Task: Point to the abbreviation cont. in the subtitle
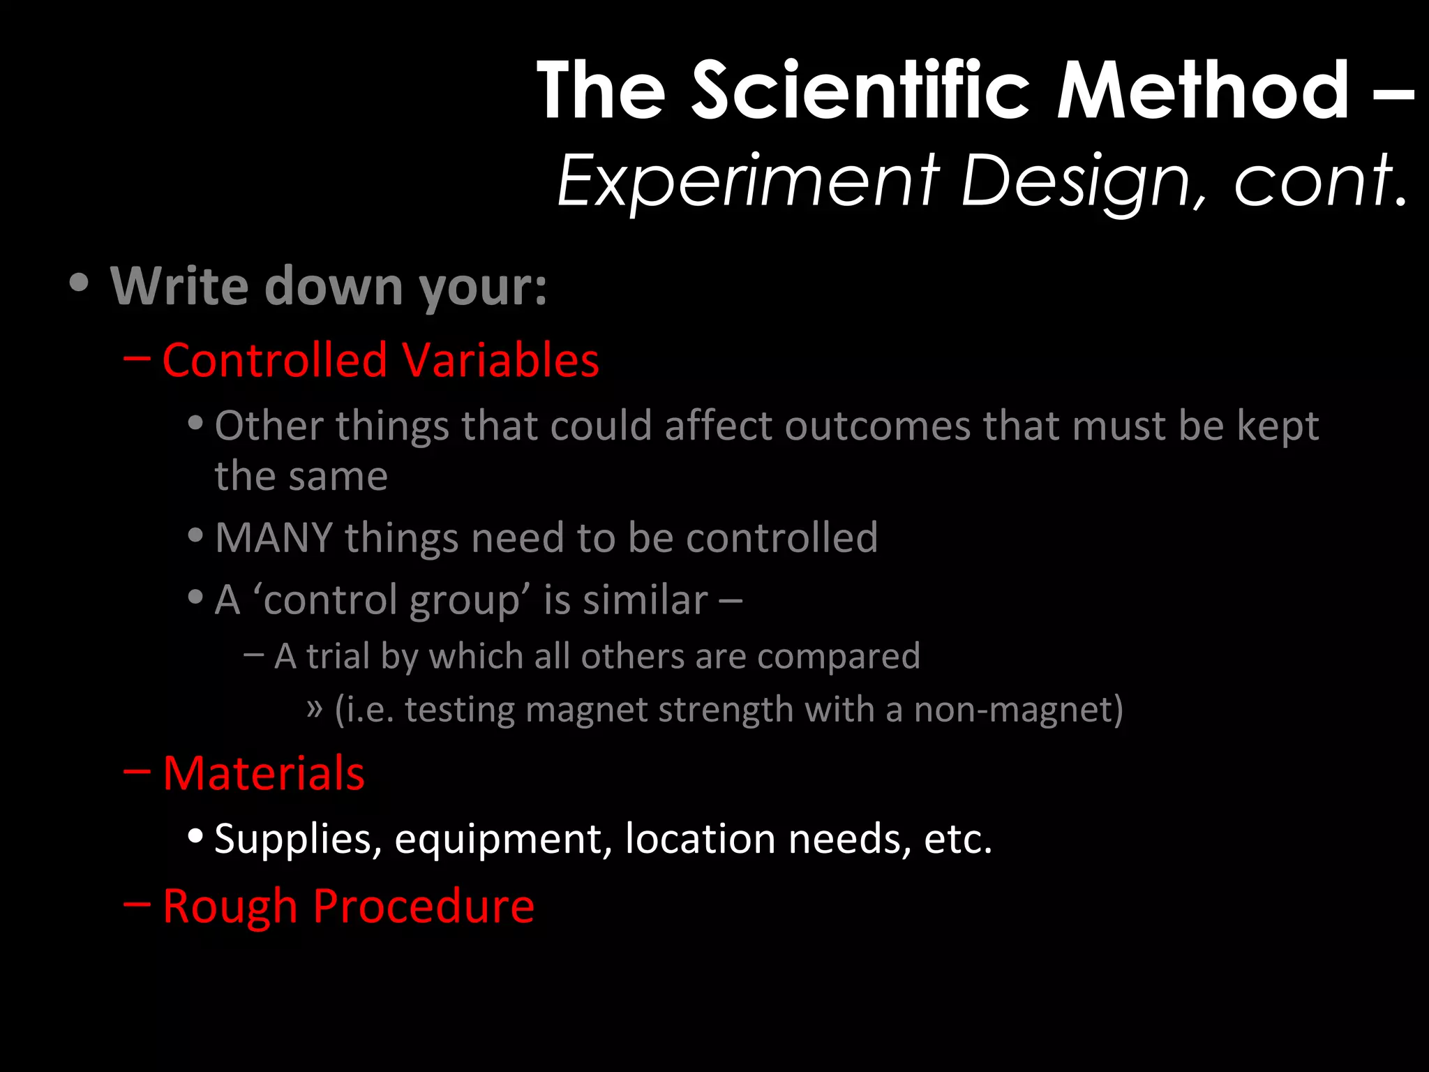click(x=1320, y=181)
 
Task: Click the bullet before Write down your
click(x=80, y=283)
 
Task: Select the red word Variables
click(x=500, y=360)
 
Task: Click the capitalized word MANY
click(x=274, y=538)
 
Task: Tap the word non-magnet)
click(x=1018, y=710)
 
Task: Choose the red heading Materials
click(x=264, y=773)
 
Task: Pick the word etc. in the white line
click(x=957, y=839)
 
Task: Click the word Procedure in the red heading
click(x=423, y=906)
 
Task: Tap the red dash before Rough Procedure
click(x=137, y=904)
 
